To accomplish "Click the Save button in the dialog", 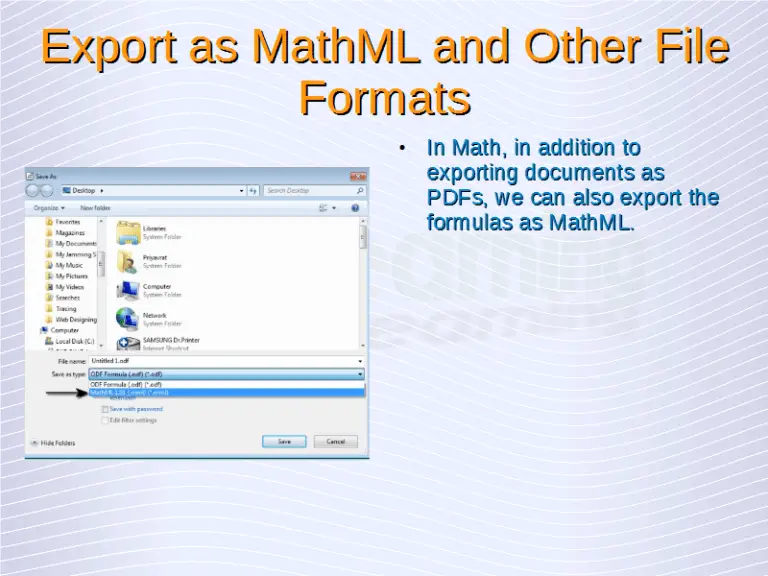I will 284,441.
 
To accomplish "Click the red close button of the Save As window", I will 358,177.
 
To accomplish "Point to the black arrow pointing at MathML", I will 67,393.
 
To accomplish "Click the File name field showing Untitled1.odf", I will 226,360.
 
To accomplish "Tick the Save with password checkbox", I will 105,408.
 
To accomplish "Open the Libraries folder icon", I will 128,233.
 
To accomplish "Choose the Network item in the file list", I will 128,318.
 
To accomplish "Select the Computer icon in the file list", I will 128,290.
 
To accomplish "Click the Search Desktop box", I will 314,190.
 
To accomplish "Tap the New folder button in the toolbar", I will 95,208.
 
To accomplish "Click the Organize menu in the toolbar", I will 47,208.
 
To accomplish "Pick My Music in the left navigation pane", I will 69,265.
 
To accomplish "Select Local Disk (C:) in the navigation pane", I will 74,341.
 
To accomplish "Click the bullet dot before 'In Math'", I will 400,149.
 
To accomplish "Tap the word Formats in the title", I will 384,99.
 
